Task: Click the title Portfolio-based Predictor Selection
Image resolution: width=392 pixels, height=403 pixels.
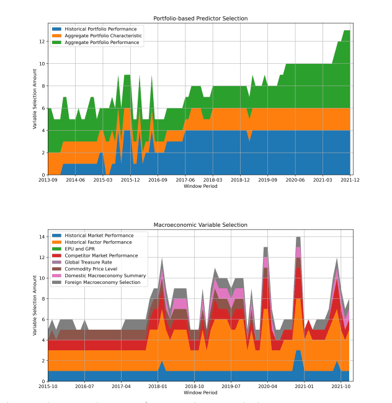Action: (200, 19)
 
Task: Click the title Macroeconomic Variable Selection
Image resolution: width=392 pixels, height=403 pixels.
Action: (200, 224)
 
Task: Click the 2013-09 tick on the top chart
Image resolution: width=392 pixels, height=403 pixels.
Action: (48, 180)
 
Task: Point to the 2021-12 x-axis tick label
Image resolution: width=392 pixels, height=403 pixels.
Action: (350, 180)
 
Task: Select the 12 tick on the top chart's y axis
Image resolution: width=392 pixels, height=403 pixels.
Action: (42, 42)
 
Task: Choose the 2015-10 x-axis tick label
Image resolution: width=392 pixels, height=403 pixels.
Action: (48, 386)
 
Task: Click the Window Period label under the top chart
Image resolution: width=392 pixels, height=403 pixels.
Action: (200, 187)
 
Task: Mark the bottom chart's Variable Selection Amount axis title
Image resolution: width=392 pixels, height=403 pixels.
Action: (35, 306)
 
